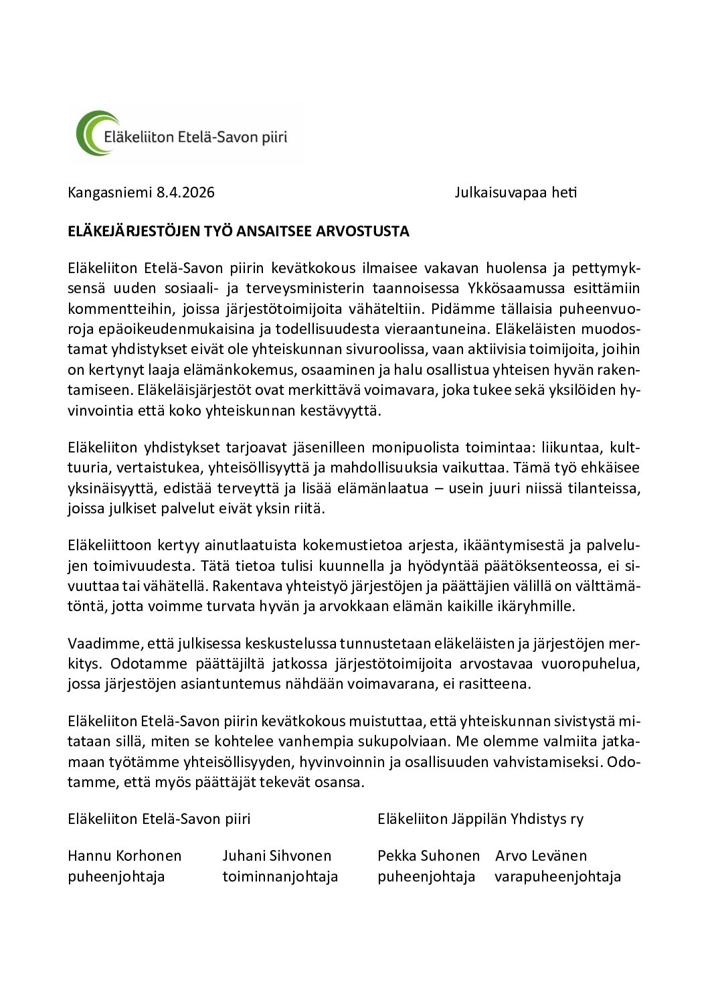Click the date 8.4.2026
[x=185, y=193]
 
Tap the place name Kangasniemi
[x=110, y=193]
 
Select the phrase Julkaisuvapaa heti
[x=515, y=193]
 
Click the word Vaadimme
[x=98, y=644]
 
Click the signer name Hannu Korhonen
[x=124, y=856]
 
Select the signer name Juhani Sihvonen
[x=277, y=856]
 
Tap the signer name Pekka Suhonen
[x=428, y=856]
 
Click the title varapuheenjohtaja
[x=557, y=877]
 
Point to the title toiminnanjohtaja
[x=280, y=877]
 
